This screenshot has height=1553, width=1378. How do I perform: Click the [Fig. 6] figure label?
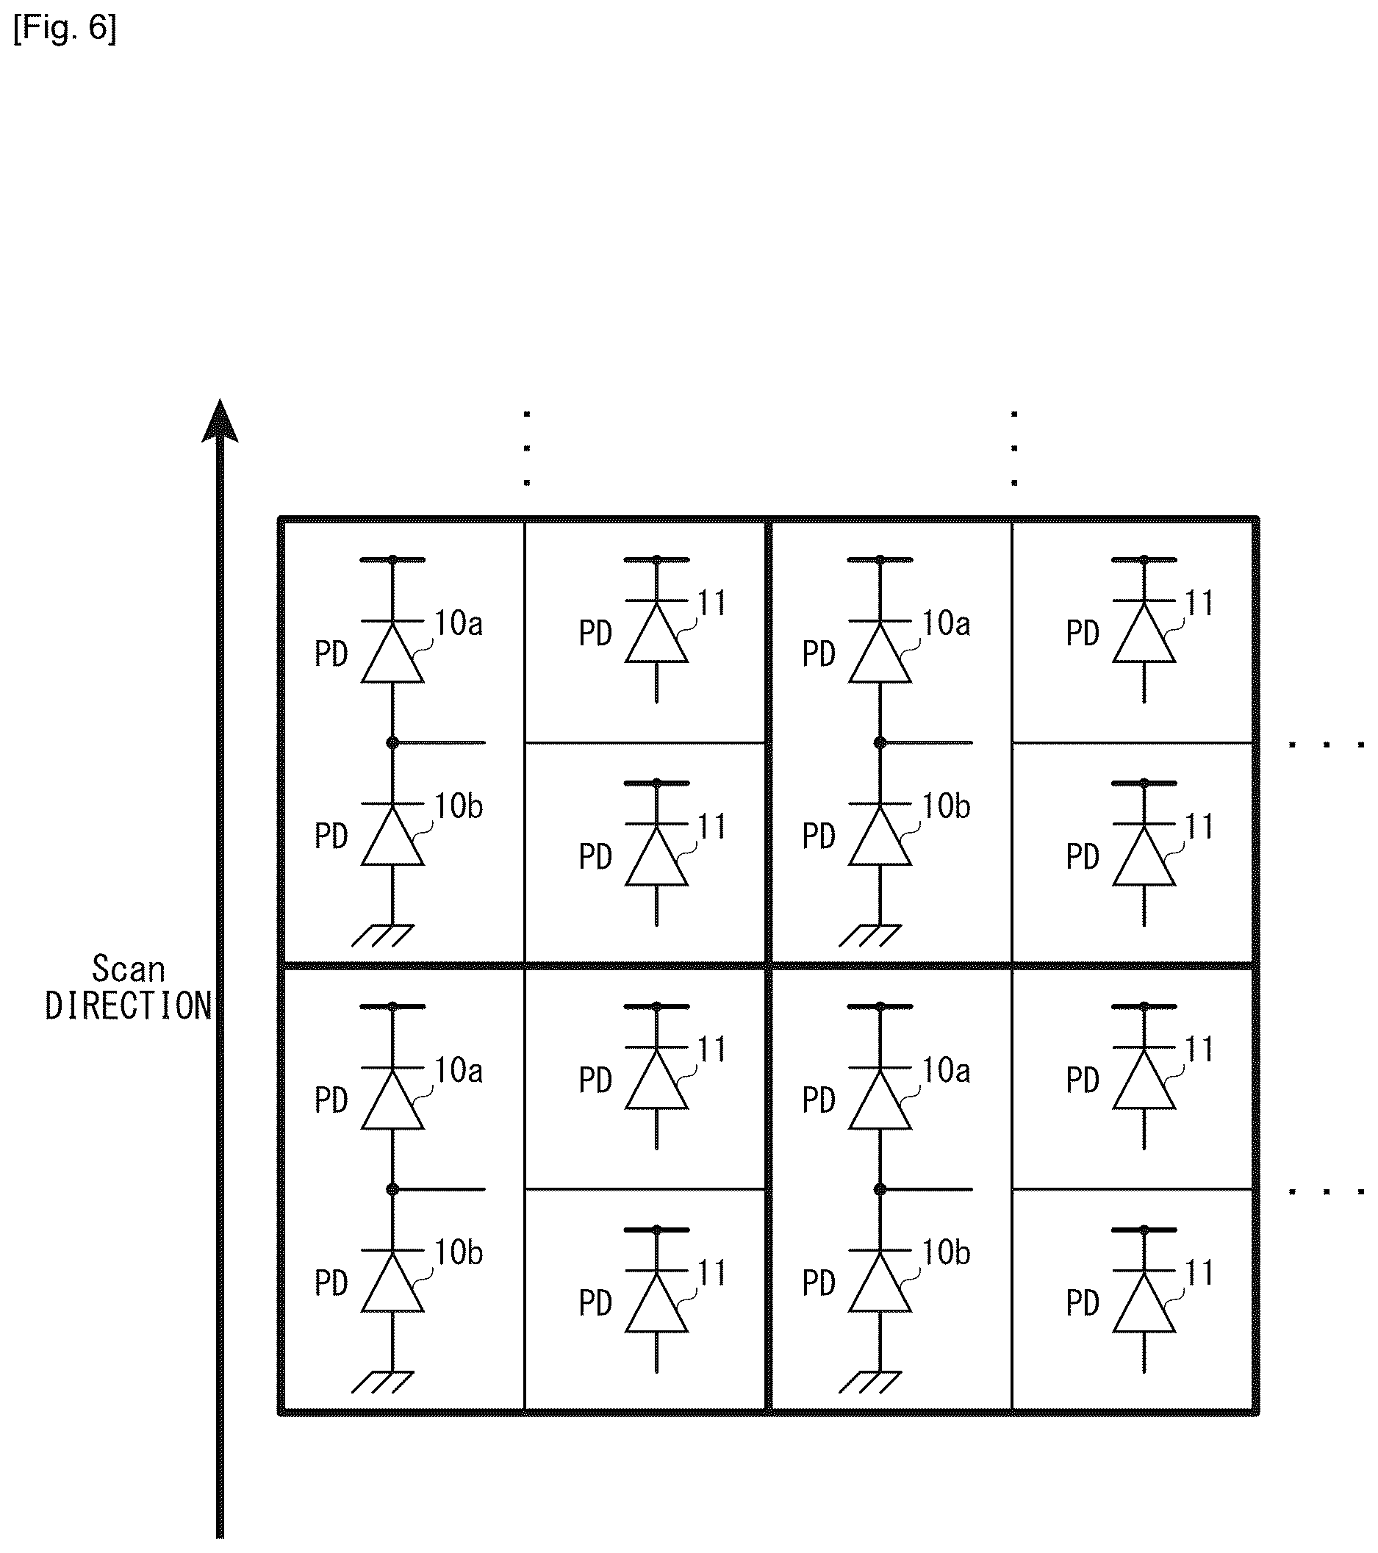tap(65, 29)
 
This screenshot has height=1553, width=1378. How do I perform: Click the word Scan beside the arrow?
tap(129, 969)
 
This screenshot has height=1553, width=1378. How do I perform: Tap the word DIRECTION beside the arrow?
tap(129, 1007)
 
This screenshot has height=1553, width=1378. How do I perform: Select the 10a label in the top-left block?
tap(459, 624)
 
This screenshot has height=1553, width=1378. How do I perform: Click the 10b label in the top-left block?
tap(459, 807)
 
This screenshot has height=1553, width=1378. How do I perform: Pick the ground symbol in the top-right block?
tap(871, 936)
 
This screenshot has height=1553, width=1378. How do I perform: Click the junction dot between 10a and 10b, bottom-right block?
tap(880, 1189)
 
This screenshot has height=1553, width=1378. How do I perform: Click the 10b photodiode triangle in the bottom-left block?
tap(392, 1283)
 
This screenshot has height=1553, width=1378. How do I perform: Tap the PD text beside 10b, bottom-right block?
tap(819, 1283)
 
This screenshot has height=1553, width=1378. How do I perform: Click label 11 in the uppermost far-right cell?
tap(1200, 603)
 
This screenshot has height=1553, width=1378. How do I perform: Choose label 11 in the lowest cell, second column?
tap(713, 1274)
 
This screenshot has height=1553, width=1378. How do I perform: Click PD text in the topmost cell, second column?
tap(595, 634)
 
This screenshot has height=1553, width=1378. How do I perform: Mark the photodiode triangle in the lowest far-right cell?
tap(1144, 1303)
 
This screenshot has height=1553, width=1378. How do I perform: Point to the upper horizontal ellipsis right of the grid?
tap(1327, 745)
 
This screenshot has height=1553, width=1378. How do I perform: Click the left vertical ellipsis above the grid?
tap(526, 448)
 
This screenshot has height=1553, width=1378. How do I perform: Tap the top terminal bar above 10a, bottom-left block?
tap(392, 1007)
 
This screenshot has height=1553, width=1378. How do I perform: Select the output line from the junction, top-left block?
tap(439, 742)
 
